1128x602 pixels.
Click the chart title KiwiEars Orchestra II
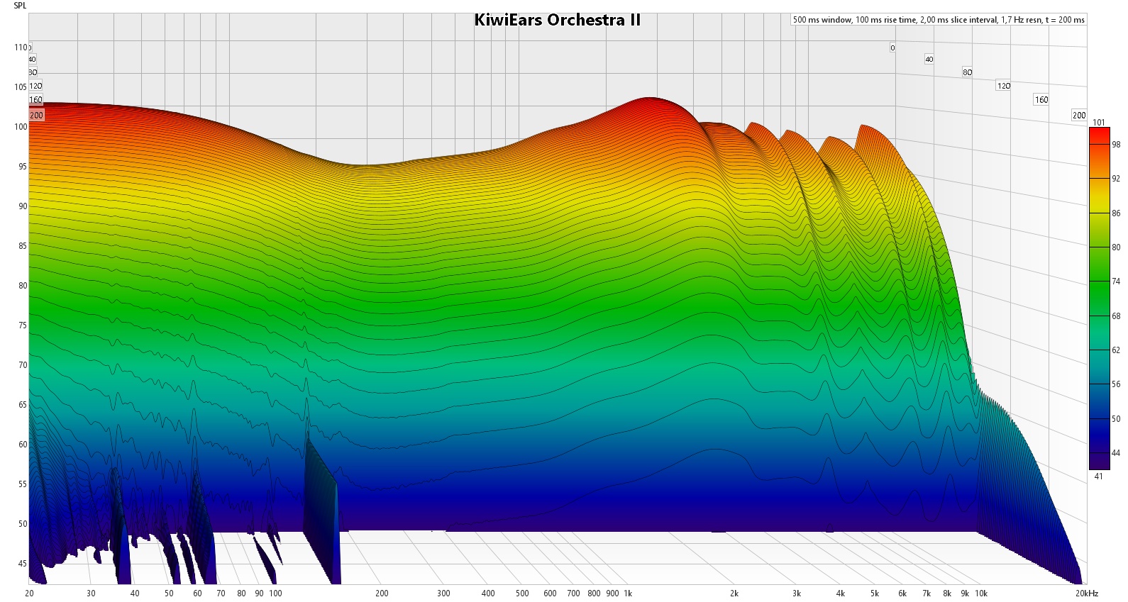point(557,20)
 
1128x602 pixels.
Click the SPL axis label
point(20,6)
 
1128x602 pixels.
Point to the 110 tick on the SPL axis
point(21,48)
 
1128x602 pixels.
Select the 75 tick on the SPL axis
point(22,325)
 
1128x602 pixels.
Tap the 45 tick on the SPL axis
point(22,564)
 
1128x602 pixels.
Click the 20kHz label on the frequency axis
point(1086,593)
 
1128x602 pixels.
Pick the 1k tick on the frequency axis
point(628,593)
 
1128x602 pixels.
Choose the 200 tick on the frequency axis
point(382,593)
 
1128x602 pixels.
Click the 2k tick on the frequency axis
point(734,593)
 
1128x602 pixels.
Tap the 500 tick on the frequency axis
point(522,593)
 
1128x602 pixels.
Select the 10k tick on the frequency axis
point(981,593)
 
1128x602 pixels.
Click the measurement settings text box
point(938,20)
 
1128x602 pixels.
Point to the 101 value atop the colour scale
point(1098,123)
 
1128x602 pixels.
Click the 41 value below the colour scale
point(1098,476)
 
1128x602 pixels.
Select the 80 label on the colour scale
point(1116,247)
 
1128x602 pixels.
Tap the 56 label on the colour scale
point(1116,384)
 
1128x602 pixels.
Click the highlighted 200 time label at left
point(36,115)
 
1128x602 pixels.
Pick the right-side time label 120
point(1003,86)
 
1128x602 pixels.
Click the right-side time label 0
point(892,48)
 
